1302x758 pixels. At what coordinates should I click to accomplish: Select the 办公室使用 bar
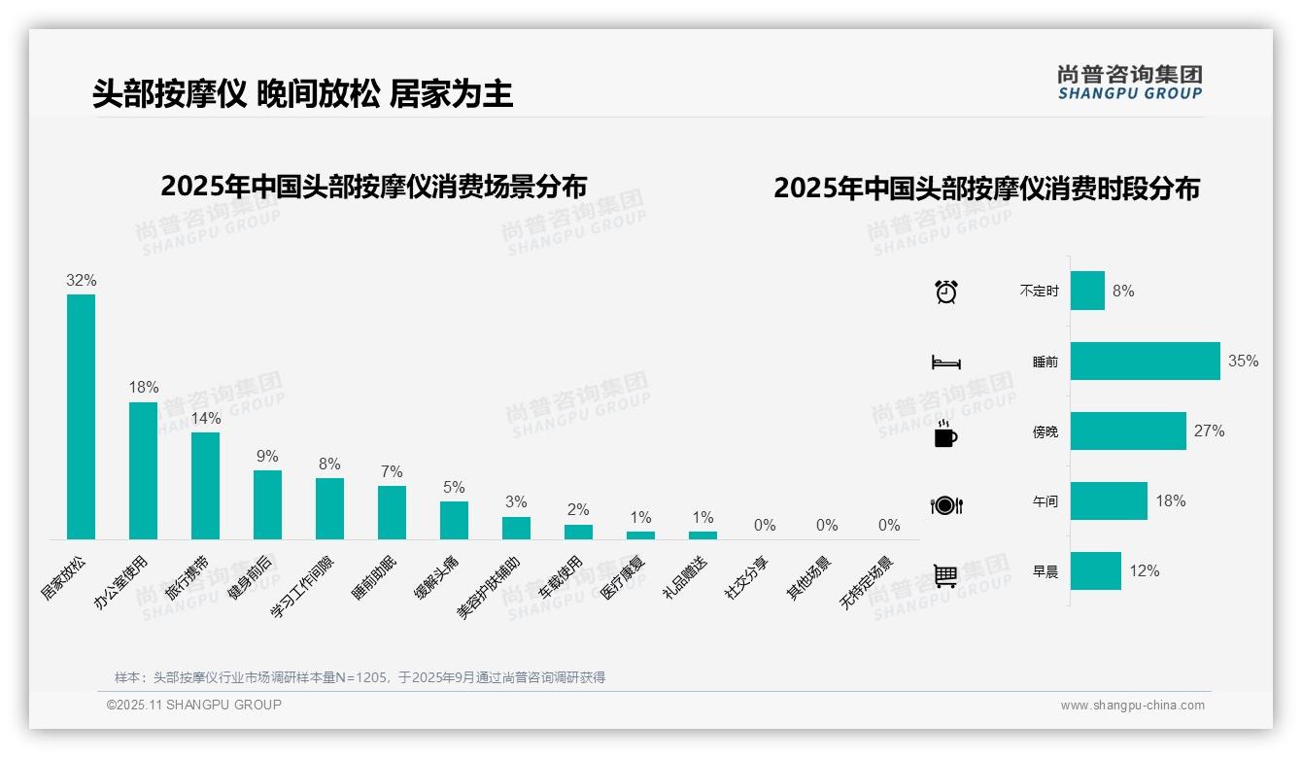143,470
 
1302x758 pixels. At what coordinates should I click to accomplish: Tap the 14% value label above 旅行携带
206,418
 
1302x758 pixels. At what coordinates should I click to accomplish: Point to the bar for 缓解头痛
454,520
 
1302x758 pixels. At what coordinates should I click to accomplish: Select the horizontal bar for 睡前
1145,361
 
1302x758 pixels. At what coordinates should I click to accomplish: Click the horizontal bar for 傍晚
1128,431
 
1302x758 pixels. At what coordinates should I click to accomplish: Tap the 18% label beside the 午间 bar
1171,501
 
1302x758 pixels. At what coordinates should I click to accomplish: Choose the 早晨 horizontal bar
1095,570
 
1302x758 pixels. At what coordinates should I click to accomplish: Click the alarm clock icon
946,291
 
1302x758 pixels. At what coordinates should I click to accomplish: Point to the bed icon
946,362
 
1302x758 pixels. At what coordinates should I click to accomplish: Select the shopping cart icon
945,575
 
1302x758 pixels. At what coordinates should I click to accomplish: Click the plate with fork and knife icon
946,504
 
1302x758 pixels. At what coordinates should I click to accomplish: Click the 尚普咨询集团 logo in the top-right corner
1130,82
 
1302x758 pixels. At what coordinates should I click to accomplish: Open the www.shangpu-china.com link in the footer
1132,706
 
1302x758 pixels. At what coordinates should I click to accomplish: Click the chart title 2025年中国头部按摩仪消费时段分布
986,189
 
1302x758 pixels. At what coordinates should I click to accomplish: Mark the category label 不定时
1039,292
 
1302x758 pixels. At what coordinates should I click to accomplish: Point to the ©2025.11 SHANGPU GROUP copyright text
194,705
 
